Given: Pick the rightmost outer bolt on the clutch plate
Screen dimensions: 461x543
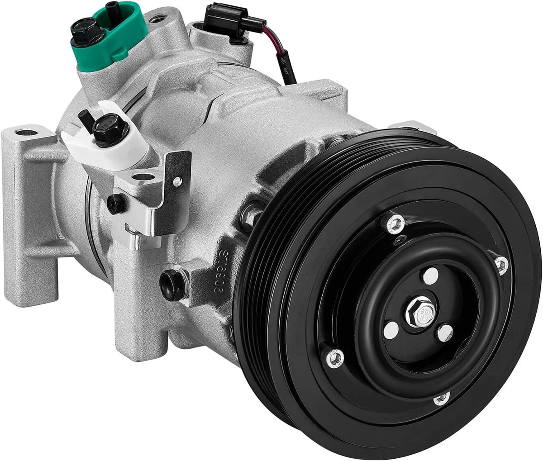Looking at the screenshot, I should tap(500, 264).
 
